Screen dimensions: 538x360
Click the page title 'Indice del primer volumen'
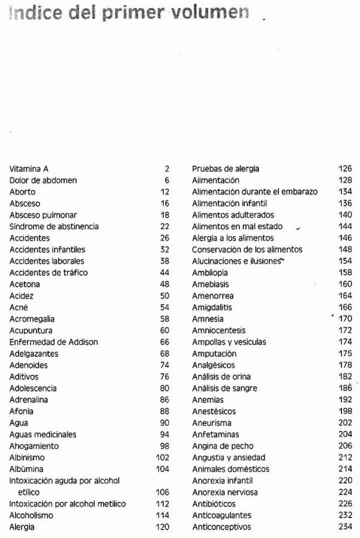(x=129, y=13)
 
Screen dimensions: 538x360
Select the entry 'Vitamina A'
(x=29, y=169)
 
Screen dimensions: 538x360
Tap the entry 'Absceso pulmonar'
(x=43, y=215)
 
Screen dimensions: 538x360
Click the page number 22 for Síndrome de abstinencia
(x=165, y=227)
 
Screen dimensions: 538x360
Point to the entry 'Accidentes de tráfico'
(x=49, y=273)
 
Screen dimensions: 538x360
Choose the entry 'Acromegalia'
(x=31, y=319)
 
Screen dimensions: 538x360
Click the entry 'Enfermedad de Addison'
(x=53, y=342)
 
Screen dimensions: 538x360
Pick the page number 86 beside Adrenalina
(x=165, y=400)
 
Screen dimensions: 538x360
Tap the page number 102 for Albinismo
(x=163, y=458)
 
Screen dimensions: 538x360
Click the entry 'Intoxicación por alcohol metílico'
(x=68, y=504)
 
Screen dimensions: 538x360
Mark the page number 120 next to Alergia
(x=163, y=527)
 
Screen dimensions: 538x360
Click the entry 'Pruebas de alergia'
(x=226, y=169)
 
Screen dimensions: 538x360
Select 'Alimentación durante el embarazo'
(x=254, y=192)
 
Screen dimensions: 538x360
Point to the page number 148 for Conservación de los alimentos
(x=345, y=250)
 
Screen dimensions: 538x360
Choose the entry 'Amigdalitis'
(x=212, y=308)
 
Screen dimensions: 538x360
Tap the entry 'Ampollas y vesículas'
(x=229, y=342)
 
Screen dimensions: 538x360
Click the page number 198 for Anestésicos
(x=345, y=412)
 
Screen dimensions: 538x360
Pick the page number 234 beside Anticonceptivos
(x=345, y=527)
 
